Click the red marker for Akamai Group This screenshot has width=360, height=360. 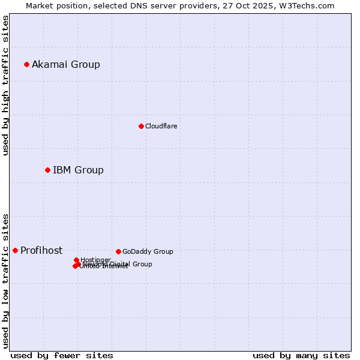pyautogui.click(x=26, y=64)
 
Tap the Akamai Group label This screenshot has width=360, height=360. pyautogui.click(x=66, y=64)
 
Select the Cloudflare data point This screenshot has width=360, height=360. pyautogui.click(x=141, y=126)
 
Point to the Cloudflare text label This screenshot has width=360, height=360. pyautogui.click(x=161, y=126)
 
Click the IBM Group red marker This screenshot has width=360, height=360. pyautogui.click(x=47, y=170)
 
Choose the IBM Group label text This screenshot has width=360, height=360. pyautogui.click(x=78, y=170)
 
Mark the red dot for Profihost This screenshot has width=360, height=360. pyautogui.click(x=15, y=250)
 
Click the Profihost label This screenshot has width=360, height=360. pyautogui.click(x=41, y=250)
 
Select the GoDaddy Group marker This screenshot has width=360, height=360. pyautogui.click(x=118, y=251)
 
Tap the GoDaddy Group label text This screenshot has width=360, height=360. pyautogui.click(x=148, y=251)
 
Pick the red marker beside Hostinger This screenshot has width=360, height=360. pyautogui.click(x=76, y=260)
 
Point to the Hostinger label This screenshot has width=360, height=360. pyautogui.click(x=95, y=260)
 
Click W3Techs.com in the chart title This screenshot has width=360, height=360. pyautogui.click(x=310, y=5)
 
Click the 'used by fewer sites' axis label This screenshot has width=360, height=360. pyautogui.click(x=62, y=355)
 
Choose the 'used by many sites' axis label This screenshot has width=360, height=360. pyautogui.click(x=301, y=355)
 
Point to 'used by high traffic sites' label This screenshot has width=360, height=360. pyautogui.click(x=5, y=85)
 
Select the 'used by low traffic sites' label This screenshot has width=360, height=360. pyautogui.click(x=5, y=280)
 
